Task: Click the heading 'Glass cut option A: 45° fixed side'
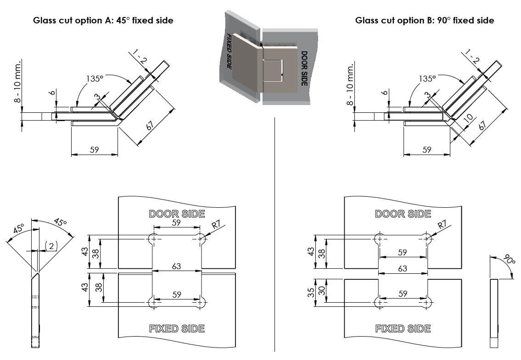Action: [x=103, y=21]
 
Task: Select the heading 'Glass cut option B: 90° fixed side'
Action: [x=425, y=21]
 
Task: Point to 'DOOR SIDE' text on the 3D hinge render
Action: [x=304, y=67]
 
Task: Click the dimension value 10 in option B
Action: [x=468, y=118]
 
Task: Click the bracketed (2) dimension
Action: [x=51, y=246]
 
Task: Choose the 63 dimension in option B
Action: [x=403, y=268]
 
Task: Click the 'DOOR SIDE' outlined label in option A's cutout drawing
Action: [x=177, y=214]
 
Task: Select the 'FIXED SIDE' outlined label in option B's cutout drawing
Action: [x=403, y=328]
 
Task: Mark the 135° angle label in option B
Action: [x=427, y=78]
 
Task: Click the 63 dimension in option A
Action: [x=177, y=266]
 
